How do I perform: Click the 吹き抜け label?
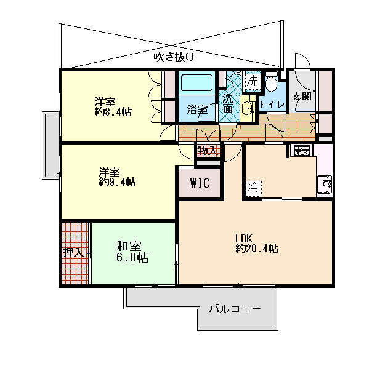[x=174, y=57]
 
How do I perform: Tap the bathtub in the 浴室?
[x=196, y=83]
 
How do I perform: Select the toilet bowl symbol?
[x=271, y=81]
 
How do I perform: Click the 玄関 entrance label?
[x=301, y=96]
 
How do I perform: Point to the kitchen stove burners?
[x=302, y=150]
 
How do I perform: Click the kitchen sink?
[x=325, y=184]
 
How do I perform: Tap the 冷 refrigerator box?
[x=254, y=189]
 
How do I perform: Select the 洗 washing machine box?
[x=253, y=81]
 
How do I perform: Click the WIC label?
[x=200, y=183]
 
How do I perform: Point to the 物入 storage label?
[x=208, y=150]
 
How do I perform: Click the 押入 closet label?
[x=73, y=252]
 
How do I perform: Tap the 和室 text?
[x=129, y=246]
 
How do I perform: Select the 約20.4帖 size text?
[x=257, y=248]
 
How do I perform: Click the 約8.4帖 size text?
[x=113, y=112]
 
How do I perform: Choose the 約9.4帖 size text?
[x=117, y=182]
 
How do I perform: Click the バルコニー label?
[x=235, y=309]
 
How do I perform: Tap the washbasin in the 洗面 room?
[x=248, y=108]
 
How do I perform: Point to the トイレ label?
[x=272, y=105]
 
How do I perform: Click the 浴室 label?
[x=197, y=109]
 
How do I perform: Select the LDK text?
[x=243, y=239]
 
